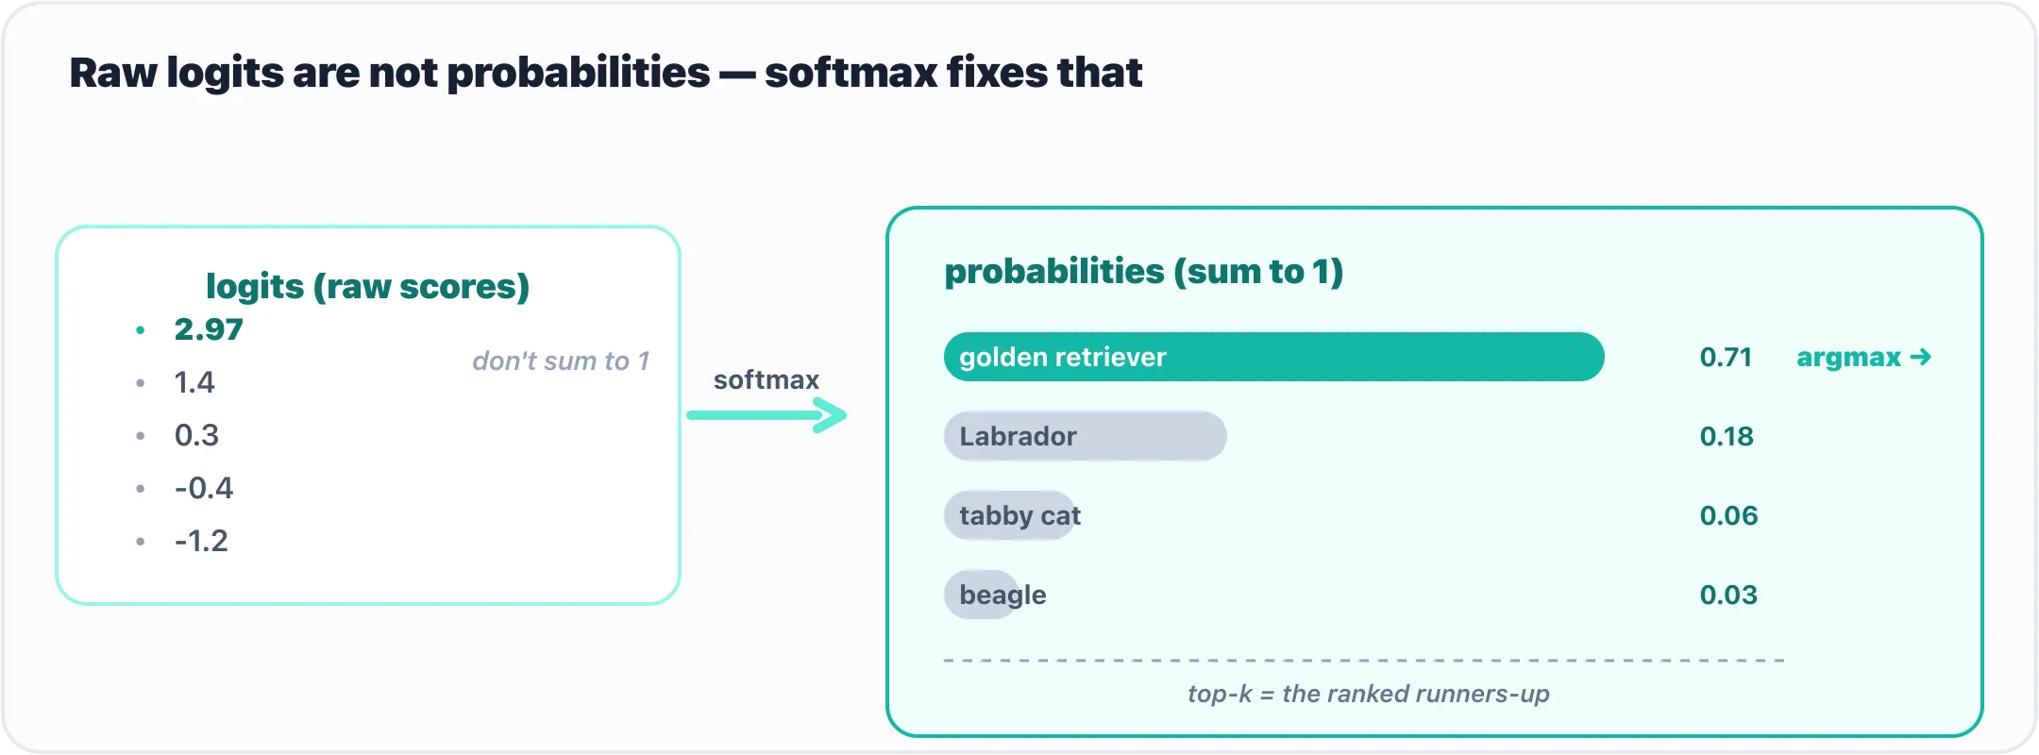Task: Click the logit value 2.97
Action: pyautogui.click(x=209, y=329)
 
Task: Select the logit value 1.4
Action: pyautogui.click(x=194, y=382)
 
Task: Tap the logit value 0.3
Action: pyautogui.click(x=196, y=435)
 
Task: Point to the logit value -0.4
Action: pyautogui.click(x=204, y=488)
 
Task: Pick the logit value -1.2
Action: pyautogui.click(x=201, y=541)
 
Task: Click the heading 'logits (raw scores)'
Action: pyautogui.click(x=368, y=286)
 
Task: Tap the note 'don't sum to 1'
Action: pyautogui.click(x=561, y=361)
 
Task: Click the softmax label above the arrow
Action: pyautogui.click(x=767, y=379)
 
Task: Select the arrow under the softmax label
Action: pyautogui.click(x=767, y=415)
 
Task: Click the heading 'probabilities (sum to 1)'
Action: pyautogui.click(x=1144, y=272)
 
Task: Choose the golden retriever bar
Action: pyautogui.click(x=1274, y=357)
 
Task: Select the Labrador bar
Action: pyautogui.click(x=1086, y=436)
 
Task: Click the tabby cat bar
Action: pyautogui.click(x=1010, y=515)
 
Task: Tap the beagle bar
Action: pyautogui.click(x=982, y=595)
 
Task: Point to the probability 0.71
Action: pyautogui.click(x=1726, y=357)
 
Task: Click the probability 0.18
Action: pyautogui.click(x=1727, y=436)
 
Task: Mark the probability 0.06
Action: pyautogui.click(x=1729, y=515)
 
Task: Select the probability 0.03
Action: pyautogui.click(x=1729, y=595)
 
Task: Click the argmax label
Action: pyautogui.click(x=1864, y=358)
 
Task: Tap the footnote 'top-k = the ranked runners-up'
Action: pyautogui.click(x=1369, y=694)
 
